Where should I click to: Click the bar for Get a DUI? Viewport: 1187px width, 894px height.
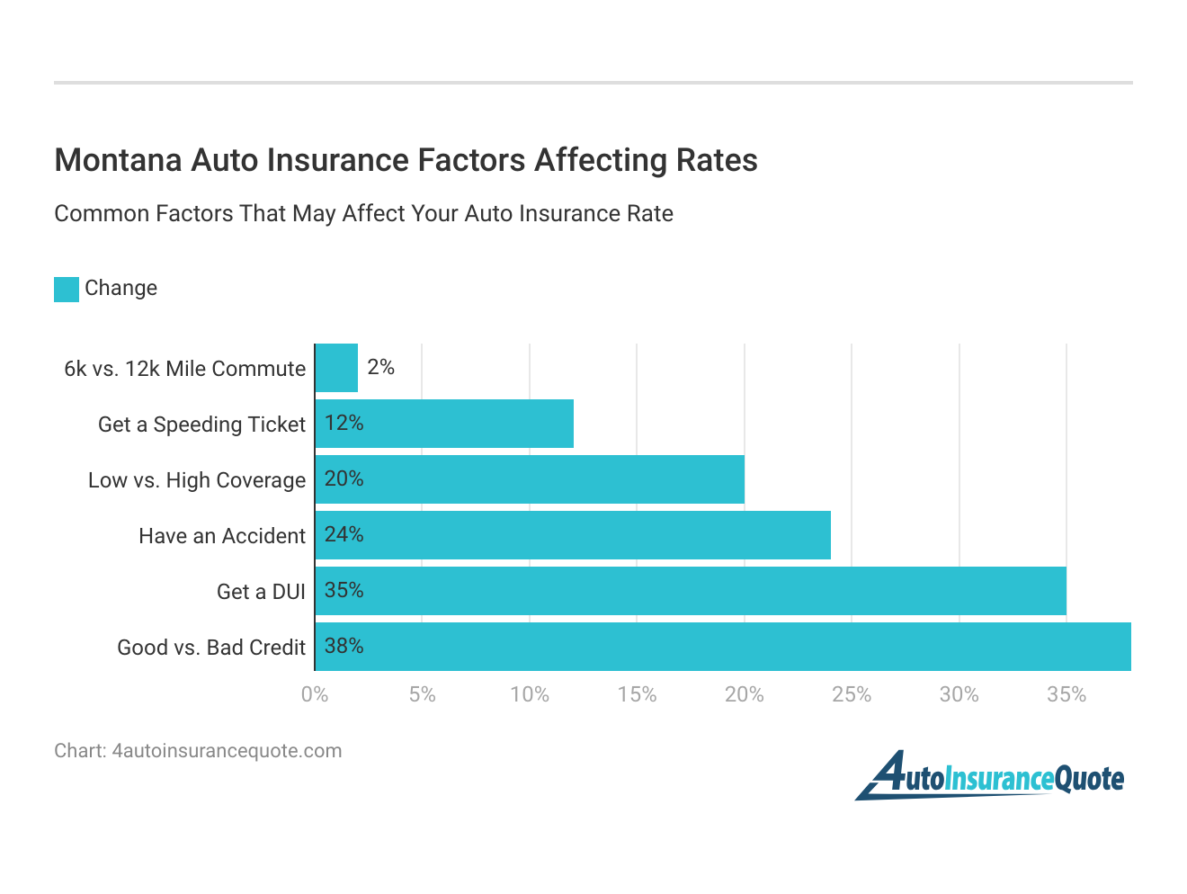point(691,591)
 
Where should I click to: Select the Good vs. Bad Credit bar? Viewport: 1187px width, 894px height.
point(723,647)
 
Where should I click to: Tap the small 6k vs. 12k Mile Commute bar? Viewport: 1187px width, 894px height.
point(336,368)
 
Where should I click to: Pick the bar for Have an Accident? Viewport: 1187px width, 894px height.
point(573,535)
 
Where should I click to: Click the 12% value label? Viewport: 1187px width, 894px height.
point(344,424)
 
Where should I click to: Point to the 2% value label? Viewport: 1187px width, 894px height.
point(380,367)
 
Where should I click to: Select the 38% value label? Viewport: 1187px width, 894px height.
point(344,647)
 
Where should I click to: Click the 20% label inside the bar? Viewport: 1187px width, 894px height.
point(344,479)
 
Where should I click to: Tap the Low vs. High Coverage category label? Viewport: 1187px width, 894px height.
point(197,480)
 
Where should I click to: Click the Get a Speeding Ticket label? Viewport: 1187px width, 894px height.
point(201,425)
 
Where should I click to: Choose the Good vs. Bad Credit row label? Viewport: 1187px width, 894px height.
point(211,648)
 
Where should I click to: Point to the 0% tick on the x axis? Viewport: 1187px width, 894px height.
point(315,694)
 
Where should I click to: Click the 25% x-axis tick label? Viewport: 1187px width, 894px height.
point(852,694)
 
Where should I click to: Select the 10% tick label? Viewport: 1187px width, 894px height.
point(530,694)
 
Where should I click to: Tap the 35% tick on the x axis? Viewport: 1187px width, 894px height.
point(1067,694)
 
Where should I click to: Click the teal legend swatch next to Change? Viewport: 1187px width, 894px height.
point(67,289)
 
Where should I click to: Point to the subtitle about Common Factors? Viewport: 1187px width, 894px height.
point(363,214)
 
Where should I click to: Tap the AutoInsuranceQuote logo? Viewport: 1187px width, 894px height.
point(989,776)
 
